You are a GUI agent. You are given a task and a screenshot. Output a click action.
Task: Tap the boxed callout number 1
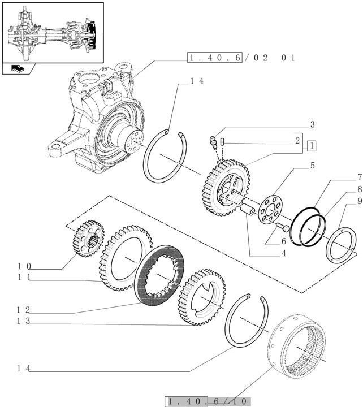pos(312,146)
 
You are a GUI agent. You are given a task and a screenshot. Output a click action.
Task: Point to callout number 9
pos(344,200)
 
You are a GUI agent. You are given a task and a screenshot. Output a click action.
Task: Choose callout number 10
pos(24,266)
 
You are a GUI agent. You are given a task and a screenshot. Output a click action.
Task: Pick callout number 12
pos(24,310)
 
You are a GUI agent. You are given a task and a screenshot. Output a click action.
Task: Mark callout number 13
pos(24,321)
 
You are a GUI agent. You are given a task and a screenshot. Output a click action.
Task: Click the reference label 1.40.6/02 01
pos(242,58)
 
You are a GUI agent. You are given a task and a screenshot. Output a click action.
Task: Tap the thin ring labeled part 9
pos(342,244)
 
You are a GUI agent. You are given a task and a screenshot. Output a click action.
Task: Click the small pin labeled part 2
pos(223,140)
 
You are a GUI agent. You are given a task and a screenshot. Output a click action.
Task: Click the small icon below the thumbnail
pos(18,70)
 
